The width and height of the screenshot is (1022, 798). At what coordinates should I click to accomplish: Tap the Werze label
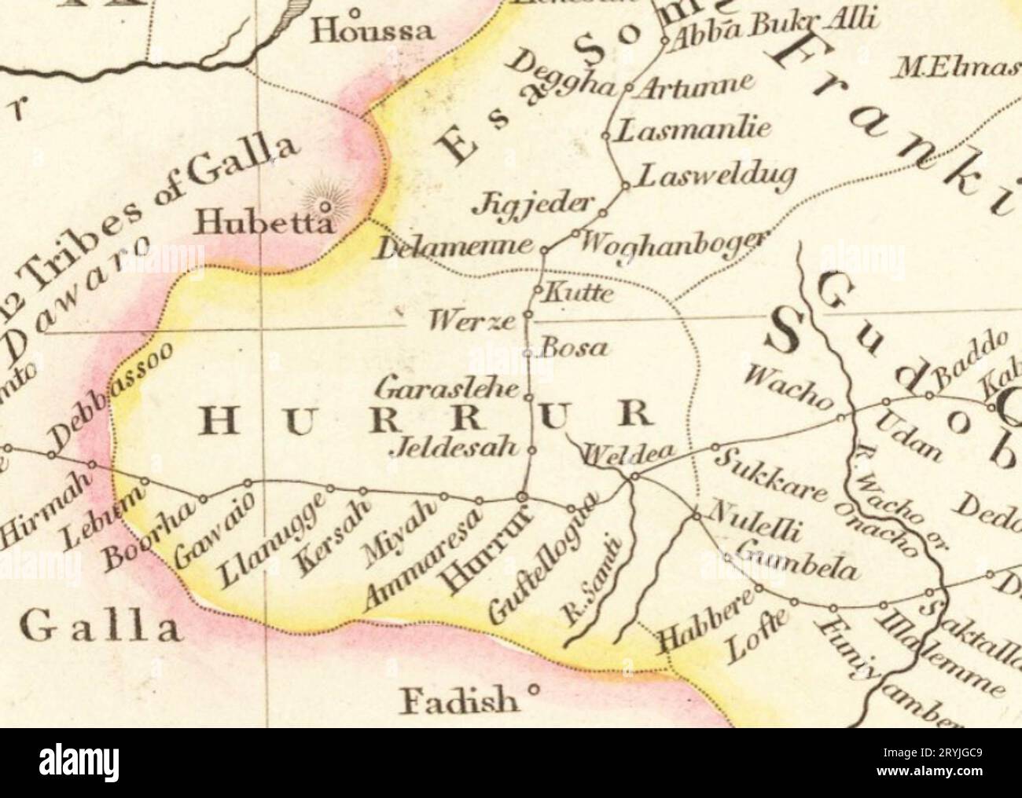[471, 320]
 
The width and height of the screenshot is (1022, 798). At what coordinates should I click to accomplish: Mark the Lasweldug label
[715, 178]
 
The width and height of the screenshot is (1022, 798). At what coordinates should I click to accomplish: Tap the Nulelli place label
[755, 522]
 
